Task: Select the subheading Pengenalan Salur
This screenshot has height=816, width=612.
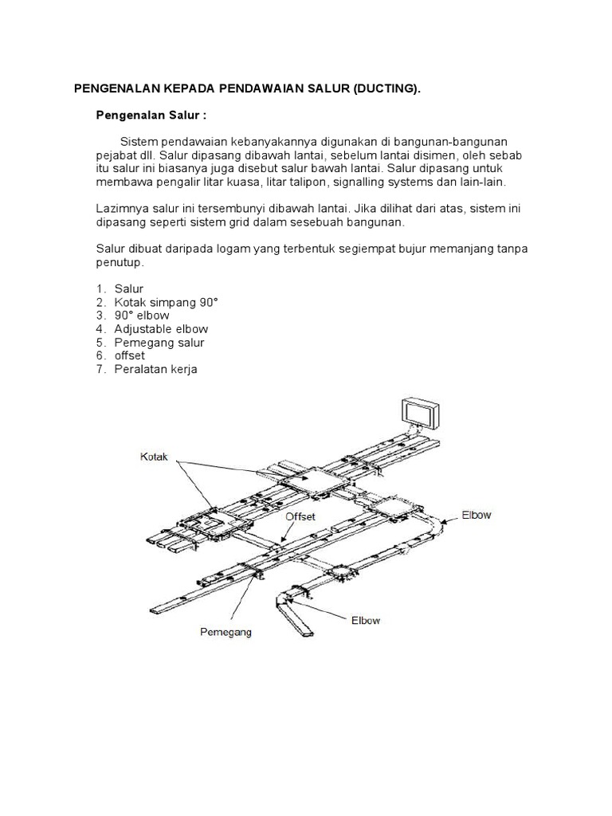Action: point(151,115)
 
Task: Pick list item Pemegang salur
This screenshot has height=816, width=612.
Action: point(159,343)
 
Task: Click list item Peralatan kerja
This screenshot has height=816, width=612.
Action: point(155,369)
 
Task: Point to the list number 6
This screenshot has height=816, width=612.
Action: point(101,355)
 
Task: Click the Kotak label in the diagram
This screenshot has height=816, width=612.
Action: point(155,457)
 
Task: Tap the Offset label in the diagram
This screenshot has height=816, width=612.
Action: point(300,516)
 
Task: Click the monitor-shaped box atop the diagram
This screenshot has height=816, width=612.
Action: point(419,413)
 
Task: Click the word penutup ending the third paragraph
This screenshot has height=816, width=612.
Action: point(118,261)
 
